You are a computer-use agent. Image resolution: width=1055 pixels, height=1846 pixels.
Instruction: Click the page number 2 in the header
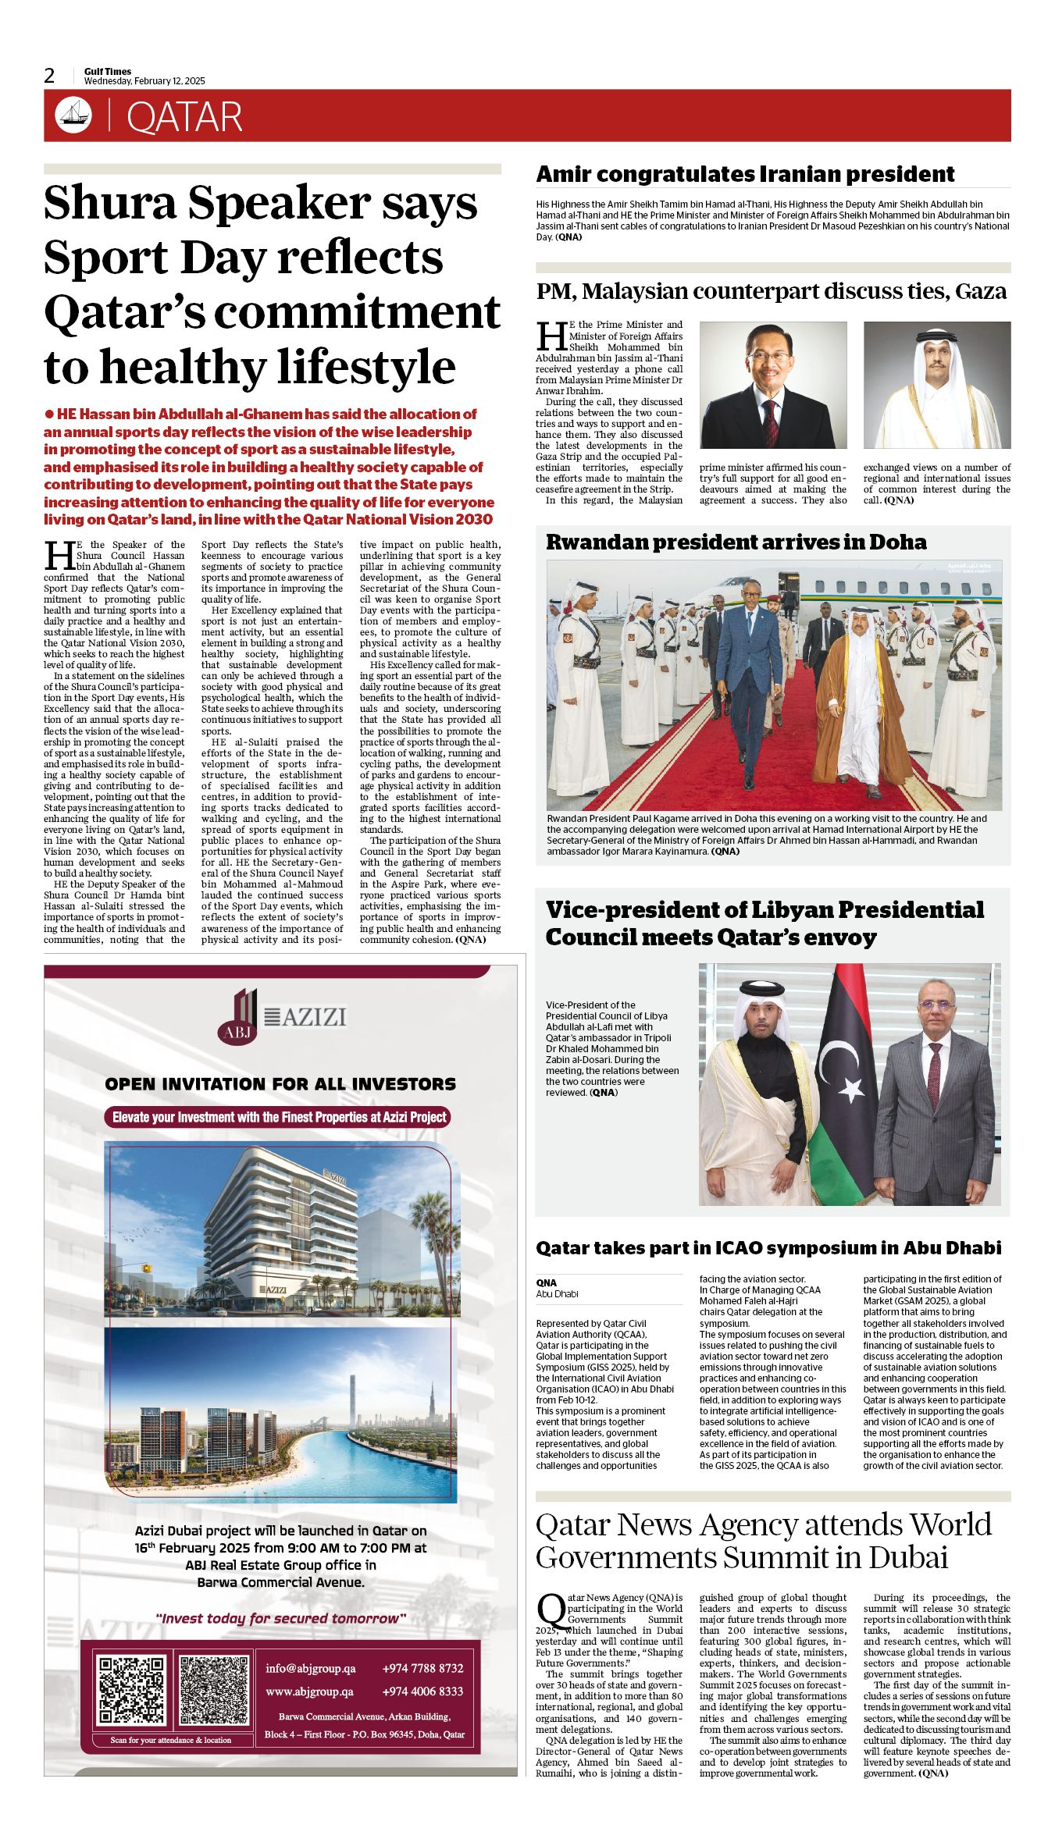coord(50,76)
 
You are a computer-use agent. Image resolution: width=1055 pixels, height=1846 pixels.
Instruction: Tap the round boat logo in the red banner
coord(73,116)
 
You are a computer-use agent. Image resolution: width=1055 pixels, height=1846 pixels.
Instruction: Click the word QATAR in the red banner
coord(184,117)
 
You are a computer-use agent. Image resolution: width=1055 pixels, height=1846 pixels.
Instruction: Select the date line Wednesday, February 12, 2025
coord(144,81)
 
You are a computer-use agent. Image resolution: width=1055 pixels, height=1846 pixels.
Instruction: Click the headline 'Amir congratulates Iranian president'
coord(745,174)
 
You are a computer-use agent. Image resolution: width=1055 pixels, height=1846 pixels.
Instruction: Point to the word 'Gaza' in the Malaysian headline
coord(980,291)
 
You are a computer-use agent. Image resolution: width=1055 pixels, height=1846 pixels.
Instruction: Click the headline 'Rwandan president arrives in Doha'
coord(736,542)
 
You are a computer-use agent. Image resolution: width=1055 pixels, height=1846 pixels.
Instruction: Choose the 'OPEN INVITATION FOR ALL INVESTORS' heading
coord(280,1083)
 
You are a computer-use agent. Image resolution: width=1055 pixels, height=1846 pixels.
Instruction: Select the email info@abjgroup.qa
coord(310,1668)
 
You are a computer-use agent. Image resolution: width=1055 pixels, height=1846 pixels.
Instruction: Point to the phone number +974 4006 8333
coord(422,1691)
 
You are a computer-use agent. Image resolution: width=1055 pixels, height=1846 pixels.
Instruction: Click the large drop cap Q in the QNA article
coord(551,1610)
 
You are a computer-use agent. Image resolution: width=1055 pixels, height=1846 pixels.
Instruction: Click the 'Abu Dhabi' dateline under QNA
coord(557,1293)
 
